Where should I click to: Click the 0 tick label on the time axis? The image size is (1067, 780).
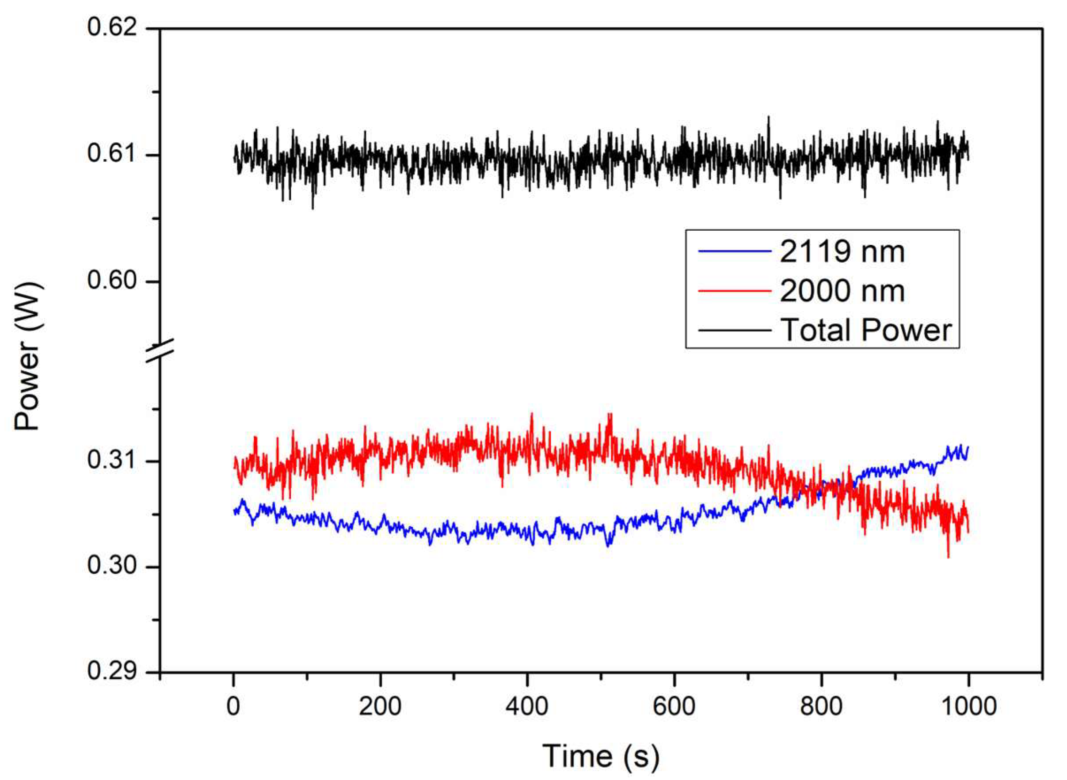click(x=233, y=707)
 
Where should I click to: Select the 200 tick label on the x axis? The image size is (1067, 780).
click(x=380, y=707)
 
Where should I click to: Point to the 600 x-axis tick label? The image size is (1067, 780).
click(x=674, y=707)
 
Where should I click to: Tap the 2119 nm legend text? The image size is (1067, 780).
click(x=842, y=251)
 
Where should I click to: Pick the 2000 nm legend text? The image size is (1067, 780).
click(x=842, y=291)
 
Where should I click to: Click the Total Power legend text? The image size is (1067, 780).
click(x=866, y=330)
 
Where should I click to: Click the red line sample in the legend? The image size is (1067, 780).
click(x=734, y=291)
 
